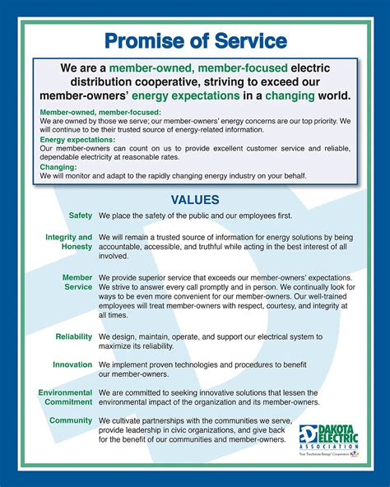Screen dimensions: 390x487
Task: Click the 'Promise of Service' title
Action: pyautogui.click(x=195, y=40)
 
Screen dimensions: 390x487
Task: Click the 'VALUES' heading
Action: pyautogui.click(x=195, y=199)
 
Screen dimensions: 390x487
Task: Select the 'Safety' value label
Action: pyautogui.click(x=81, y=216)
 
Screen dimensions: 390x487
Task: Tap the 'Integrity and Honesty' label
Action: pyautogui.click(x=69, y=242)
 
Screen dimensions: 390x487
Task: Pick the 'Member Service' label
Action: pyautogui.click(x=77, y=282)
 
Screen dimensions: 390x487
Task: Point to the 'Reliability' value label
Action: pyautogui.click(x=74, y=337)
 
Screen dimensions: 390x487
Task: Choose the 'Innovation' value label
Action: pyautogui.click(x=72, y=364)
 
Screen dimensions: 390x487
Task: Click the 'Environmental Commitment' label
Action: pyautogui.click(x=65, y=397)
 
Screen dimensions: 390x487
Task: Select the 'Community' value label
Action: pyautogui.click(x=71, y=420)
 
